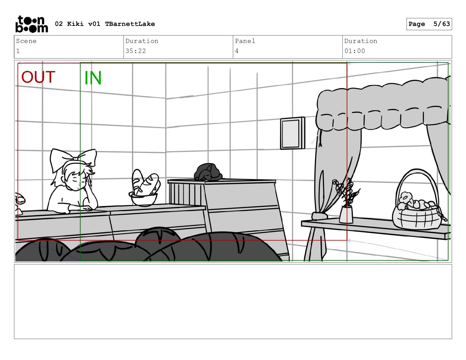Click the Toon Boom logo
(32, 24)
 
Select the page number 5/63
(442, 24)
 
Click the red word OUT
(38, 77)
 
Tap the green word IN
(93, 78)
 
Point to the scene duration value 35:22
(136, 51)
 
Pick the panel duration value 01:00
(355, 51)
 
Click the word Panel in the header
(245, 41)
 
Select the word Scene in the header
(26, 41)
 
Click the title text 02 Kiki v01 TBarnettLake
(105, 24)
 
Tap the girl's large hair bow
(73, 158)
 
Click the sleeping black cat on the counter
(208, 172)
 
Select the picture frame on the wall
(292, 133)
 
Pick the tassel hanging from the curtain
(320, 138)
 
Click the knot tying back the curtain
(319, 216)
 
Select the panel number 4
(237, 51)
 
